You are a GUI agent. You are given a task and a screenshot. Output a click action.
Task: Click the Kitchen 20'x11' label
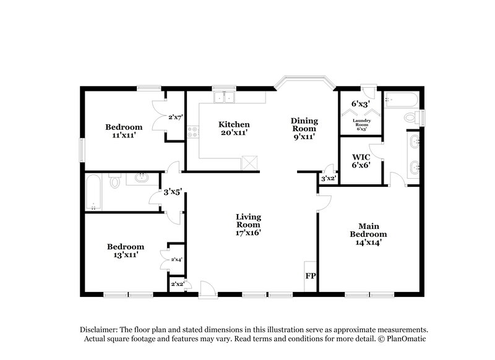pyautogui.click(x=235, y=129)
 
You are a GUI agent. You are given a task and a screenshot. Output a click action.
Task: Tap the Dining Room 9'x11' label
pyautogui.click(x=305, y=129)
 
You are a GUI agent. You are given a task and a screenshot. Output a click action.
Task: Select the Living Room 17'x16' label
pyautogui.click(x=248, y=225)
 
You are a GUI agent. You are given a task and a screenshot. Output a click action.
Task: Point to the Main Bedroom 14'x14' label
pyautogui.click(x=368, y=234)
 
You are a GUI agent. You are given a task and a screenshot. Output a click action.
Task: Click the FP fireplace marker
pyautogui.click(x=309, y=276)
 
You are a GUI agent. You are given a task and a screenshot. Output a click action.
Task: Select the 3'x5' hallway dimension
pyautogui.click(x=172, y=192)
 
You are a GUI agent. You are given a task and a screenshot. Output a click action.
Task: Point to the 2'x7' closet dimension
pyautogui.click(x=176, y=117)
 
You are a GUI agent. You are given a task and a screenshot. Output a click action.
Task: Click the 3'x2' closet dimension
pyautogui.click(x=328, y=179)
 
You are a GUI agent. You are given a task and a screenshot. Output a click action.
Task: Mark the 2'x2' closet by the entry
pyautogui.click(x=176, y=285)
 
